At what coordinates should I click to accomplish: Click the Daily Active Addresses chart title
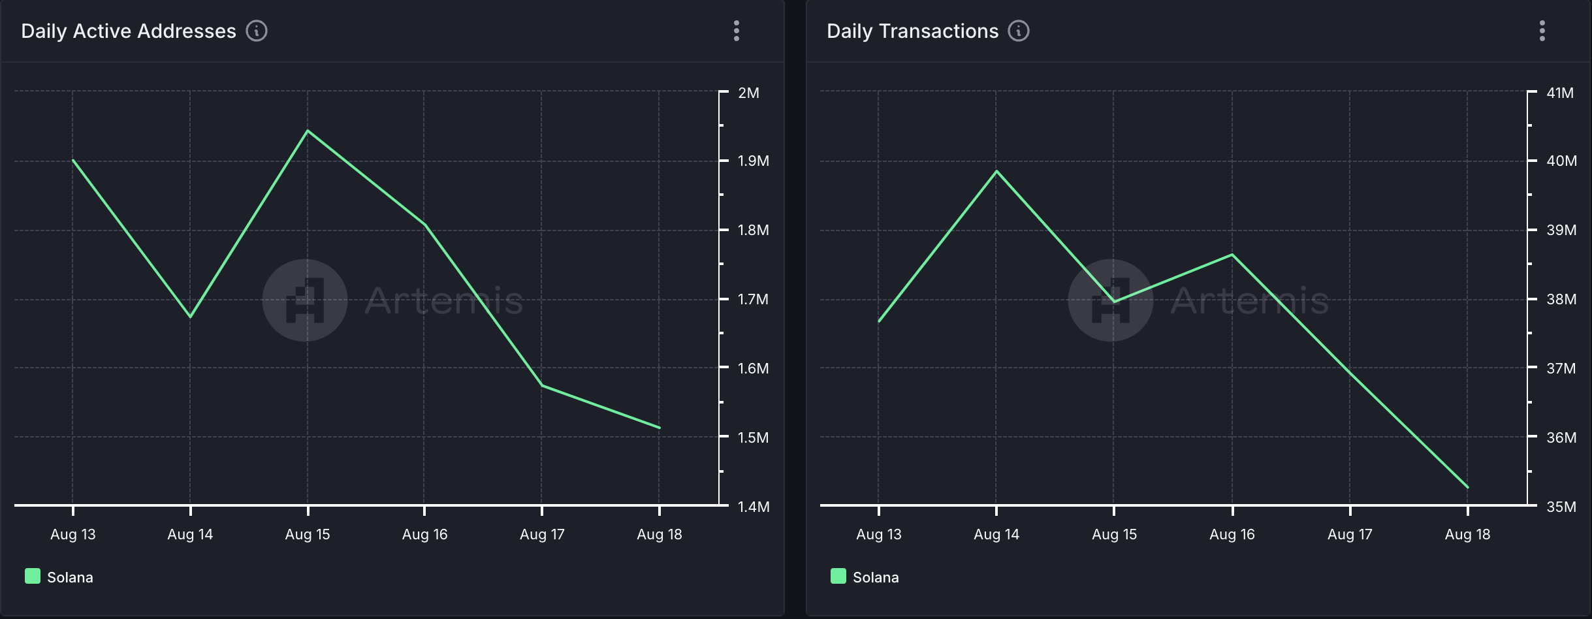coord(128,31)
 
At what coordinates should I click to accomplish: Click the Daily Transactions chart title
coord(912,31)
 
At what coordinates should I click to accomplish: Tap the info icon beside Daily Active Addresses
coord(257,31)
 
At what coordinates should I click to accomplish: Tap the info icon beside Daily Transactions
coord(1019,31)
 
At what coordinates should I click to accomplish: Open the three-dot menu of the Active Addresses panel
coord(737,31)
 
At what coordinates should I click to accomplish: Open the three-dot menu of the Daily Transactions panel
coord(1542,31)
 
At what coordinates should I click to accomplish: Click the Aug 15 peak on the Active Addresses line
coord(308,131)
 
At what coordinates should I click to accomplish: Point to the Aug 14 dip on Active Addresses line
coord(190,317)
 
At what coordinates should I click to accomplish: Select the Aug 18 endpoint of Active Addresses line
coord(660,428)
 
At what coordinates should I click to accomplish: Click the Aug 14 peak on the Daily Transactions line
coord(996,171)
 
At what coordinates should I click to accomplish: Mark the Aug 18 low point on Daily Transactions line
coord(1467,487)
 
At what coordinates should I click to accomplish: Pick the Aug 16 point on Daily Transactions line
coord(1232,255)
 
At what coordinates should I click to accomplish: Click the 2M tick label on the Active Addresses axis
coord(748,93)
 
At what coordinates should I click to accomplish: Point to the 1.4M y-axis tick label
coord(753,507)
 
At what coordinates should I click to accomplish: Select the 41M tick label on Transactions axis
coord(1559,93)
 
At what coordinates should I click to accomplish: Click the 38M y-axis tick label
coord(1561,299)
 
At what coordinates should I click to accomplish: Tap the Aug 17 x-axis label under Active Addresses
coord(542,534)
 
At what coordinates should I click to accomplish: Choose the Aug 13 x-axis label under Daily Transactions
coord(878,534)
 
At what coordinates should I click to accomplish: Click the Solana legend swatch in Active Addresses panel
coord(33,576)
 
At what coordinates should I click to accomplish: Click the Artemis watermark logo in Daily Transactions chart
coord(1110,300)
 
